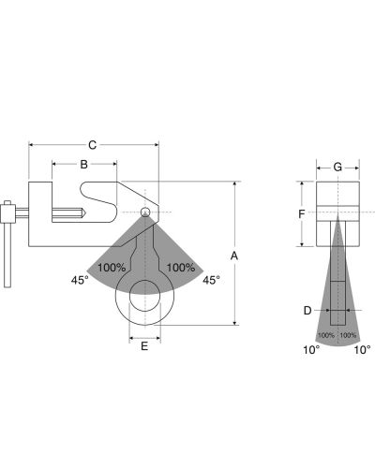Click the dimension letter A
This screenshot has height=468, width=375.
234,256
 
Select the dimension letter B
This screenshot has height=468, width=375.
83,165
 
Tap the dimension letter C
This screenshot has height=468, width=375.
92,145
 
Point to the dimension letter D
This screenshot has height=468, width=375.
307,311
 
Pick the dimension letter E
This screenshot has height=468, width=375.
144,346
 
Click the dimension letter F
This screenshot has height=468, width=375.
301,214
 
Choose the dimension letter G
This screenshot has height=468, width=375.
337,168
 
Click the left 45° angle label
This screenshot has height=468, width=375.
80,280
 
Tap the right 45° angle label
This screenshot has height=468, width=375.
211,280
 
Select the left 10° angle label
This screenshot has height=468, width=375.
311,350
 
